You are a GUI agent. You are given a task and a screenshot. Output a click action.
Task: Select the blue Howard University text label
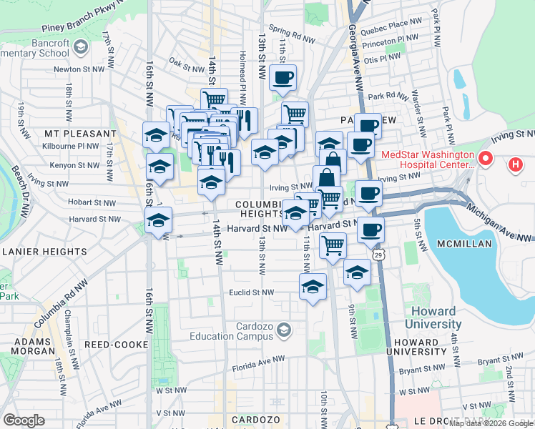(436, 318)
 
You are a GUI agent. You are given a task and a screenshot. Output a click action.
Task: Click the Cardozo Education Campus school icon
(285, 330)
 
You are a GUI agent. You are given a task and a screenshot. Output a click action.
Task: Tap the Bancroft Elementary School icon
(81, 47)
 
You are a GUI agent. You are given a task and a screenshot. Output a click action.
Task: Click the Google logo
(24, 420)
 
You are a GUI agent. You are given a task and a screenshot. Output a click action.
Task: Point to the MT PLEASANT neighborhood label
(79, 134)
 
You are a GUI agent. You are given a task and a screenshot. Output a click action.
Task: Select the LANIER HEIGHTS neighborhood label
(44, 251)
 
